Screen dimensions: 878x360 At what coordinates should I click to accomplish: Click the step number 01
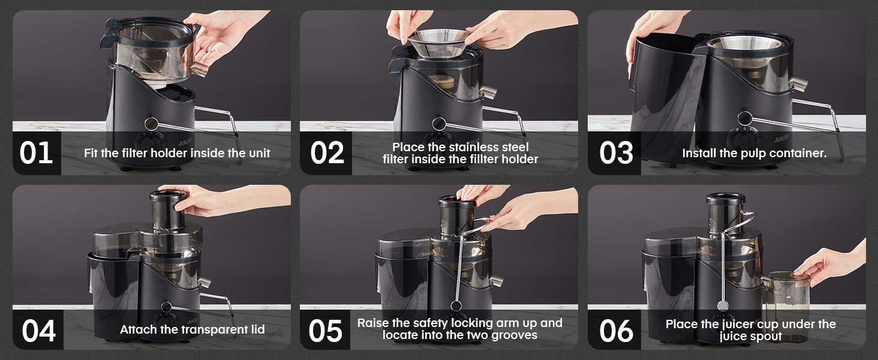point(36,153)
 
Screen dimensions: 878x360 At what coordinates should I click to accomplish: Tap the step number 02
point(327,153)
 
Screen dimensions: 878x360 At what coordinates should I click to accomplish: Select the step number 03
point(616,153)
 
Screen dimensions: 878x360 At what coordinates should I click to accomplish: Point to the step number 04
point(38,331)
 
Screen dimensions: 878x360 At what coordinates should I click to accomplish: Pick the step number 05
point(325,331)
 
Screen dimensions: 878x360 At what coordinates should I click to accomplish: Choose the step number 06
point(616,331)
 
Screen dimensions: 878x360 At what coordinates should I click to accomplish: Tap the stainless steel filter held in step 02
point(440,43)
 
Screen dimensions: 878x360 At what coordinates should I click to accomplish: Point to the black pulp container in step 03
point(663,98)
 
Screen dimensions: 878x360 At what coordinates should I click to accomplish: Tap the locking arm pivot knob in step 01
point(151,124)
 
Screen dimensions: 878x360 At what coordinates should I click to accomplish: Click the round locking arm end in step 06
point(723,305)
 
